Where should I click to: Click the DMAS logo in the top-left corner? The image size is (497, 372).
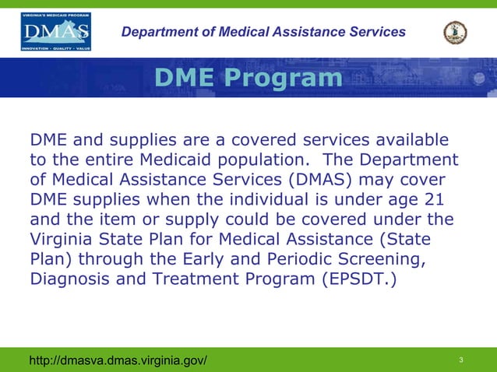[x=55, y=32]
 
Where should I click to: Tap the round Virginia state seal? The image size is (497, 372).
[x=455, y=32]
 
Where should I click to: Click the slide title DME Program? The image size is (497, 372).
[x=248, y=78]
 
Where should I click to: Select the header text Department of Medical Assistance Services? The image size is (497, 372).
[x=264, y=32]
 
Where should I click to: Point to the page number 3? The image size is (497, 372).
[x=462, y=360]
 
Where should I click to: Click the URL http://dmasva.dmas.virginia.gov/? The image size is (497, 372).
[x=118, y=360]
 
